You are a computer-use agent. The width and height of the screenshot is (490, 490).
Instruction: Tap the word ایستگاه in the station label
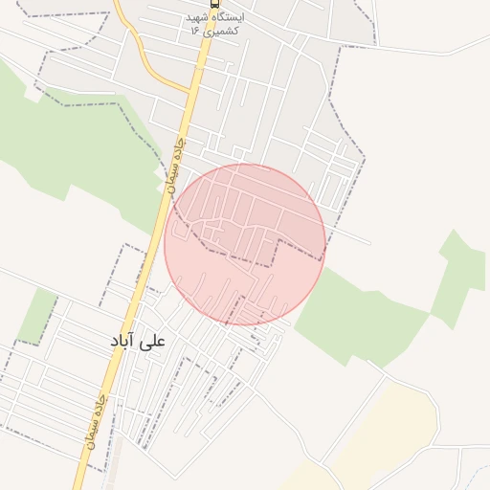click(x=228, y=17)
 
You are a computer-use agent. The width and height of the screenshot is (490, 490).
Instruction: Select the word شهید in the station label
click(x=197, y=17)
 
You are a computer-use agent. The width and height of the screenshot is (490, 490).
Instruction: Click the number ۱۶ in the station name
click(x=194, y=31)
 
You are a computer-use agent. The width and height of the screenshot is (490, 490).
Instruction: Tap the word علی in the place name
click(x=152, y=341)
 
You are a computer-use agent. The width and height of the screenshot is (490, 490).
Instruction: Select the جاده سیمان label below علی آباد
click(x=99, y=422)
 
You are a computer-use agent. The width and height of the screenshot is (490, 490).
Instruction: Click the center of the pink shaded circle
click(x=244, y=244)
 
